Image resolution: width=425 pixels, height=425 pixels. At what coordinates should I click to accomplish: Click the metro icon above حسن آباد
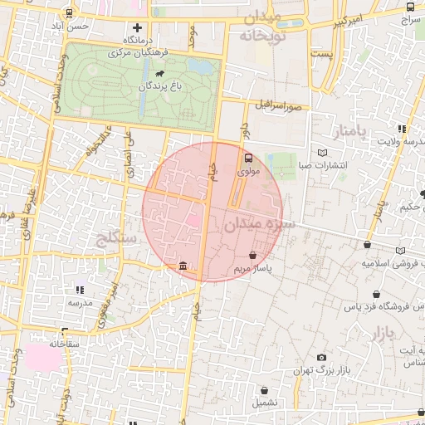pos(67,12)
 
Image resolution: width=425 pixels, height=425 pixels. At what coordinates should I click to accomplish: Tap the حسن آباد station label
pos(67,26)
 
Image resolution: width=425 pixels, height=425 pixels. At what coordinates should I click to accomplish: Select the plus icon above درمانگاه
pos(138,27)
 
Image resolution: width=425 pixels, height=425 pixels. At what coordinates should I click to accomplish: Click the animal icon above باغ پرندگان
pos(170,74)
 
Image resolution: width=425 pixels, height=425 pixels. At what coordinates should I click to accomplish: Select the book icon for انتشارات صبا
pos(322,153)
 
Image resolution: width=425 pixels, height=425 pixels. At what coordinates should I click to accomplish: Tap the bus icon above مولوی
pos(248,158)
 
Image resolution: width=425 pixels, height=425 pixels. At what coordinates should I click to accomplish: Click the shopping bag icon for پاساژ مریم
pos(252,256)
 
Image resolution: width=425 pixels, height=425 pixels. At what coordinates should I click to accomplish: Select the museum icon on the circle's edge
pos(183,266)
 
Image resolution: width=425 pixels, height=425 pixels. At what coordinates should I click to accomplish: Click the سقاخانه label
pos(63,343)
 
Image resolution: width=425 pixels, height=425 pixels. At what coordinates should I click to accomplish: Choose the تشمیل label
pos(265,403)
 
